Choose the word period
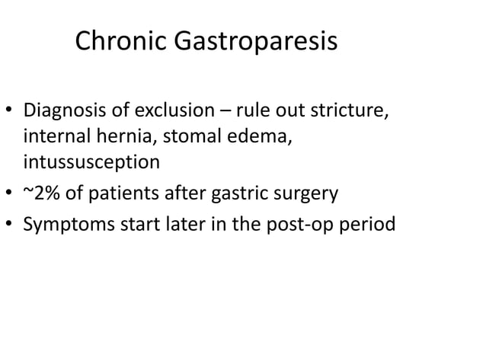click(x=371, y=226)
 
